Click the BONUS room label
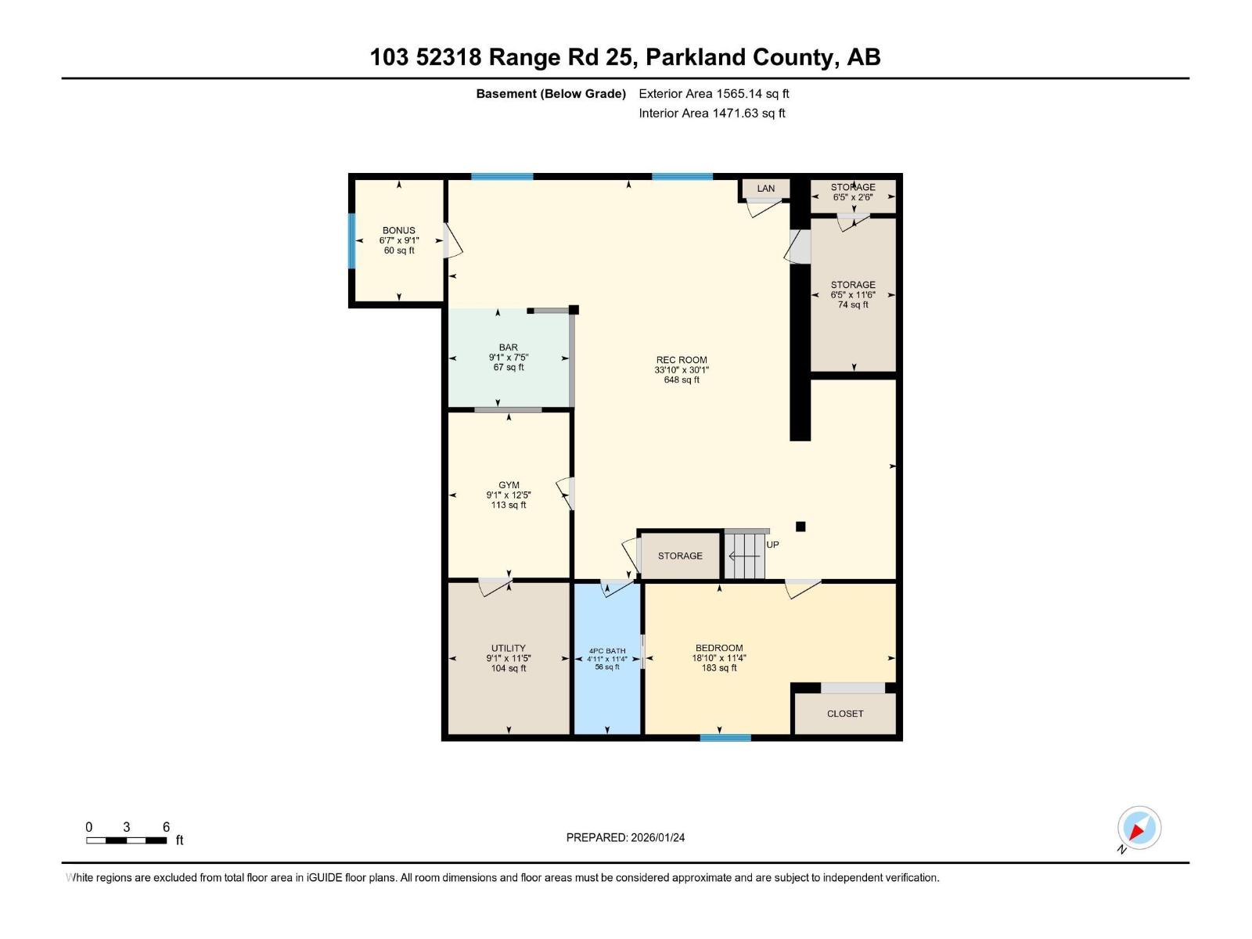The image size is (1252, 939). (399, 231)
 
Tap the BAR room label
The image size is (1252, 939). (509, 347)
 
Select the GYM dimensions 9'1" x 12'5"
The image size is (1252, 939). (509, 495)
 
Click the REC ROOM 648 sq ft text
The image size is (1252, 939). (682, 380)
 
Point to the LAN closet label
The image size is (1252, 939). (766, 189)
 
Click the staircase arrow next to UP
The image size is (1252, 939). (744, 556)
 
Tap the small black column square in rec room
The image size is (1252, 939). (800, 527)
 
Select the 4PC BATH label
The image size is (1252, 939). (607, 651)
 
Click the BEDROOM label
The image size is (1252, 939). (719, 648)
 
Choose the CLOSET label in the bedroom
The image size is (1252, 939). (845, 714)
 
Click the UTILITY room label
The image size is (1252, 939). (509, 649)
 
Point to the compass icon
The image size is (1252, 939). (1139, 828)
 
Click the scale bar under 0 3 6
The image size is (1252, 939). (126, 841)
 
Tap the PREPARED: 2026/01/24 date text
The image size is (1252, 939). (625, 837)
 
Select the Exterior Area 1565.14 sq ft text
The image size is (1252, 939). (714, 94)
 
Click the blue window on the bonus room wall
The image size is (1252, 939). (352, 241)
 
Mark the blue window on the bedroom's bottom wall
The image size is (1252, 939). (725, 737)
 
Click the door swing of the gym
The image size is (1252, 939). (567, 494)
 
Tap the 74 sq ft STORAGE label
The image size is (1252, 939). (853, 305)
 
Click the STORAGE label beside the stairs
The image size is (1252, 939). (680, 556)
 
